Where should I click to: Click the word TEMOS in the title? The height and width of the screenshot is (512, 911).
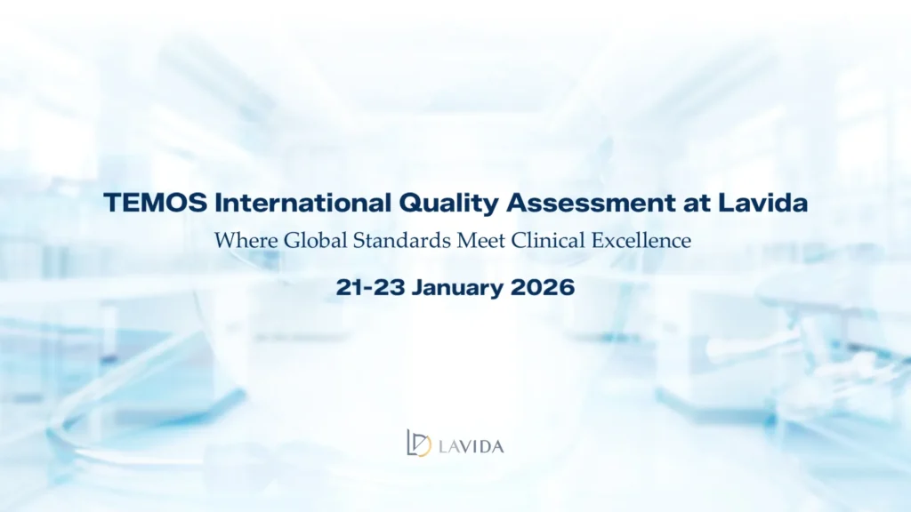click(x=155, y=203)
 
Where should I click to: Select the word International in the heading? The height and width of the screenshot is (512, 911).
click(x=302, y=203)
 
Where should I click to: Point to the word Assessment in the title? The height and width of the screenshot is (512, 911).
click(x=591, y=203)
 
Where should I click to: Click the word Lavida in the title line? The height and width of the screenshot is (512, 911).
click(x=762, y=203)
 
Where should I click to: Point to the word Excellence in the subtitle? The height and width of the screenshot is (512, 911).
click(x=641, y=240)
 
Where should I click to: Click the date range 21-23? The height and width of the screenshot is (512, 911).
click(x=370, y=287)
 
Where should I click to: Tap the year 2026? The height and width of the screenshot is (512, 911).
click(x=543, y=287)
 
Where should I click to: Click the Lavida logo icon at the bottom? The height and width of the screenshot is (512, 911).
click(x=419, y=443)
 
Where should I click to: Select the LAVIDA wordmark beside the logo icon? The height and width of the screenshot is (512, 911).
click(x=472, y=446)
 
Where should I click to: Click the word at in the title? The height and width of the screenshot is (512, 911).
click(x=697, y=204)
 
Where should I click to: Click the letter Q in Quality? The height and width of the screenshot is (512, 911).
click(x=411, y=204)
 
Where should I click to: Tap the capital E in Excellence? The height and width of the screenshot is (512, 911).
click(x=599, y=240)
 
